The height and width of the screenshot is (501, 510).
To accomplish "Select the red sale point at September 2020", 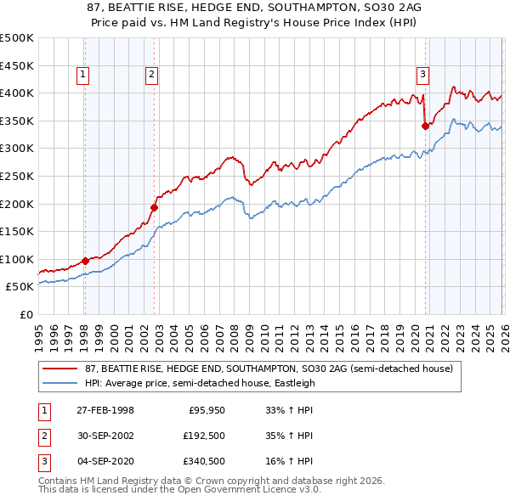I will pos(425,126).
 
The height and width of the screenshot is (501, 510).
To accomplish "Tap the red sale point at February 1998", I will pos(85,261).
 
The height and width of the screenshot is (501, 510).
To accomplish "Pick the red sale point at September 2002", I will pos(154,207).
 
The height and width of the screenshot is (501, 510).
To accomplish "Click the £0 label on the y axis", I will pos(26,314).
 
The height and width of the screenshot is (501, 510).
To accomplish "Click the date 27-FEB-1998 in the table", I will pos(105,410).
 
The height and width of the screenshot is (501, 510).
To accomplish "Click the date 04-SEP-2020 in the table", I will pos(105,461).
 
